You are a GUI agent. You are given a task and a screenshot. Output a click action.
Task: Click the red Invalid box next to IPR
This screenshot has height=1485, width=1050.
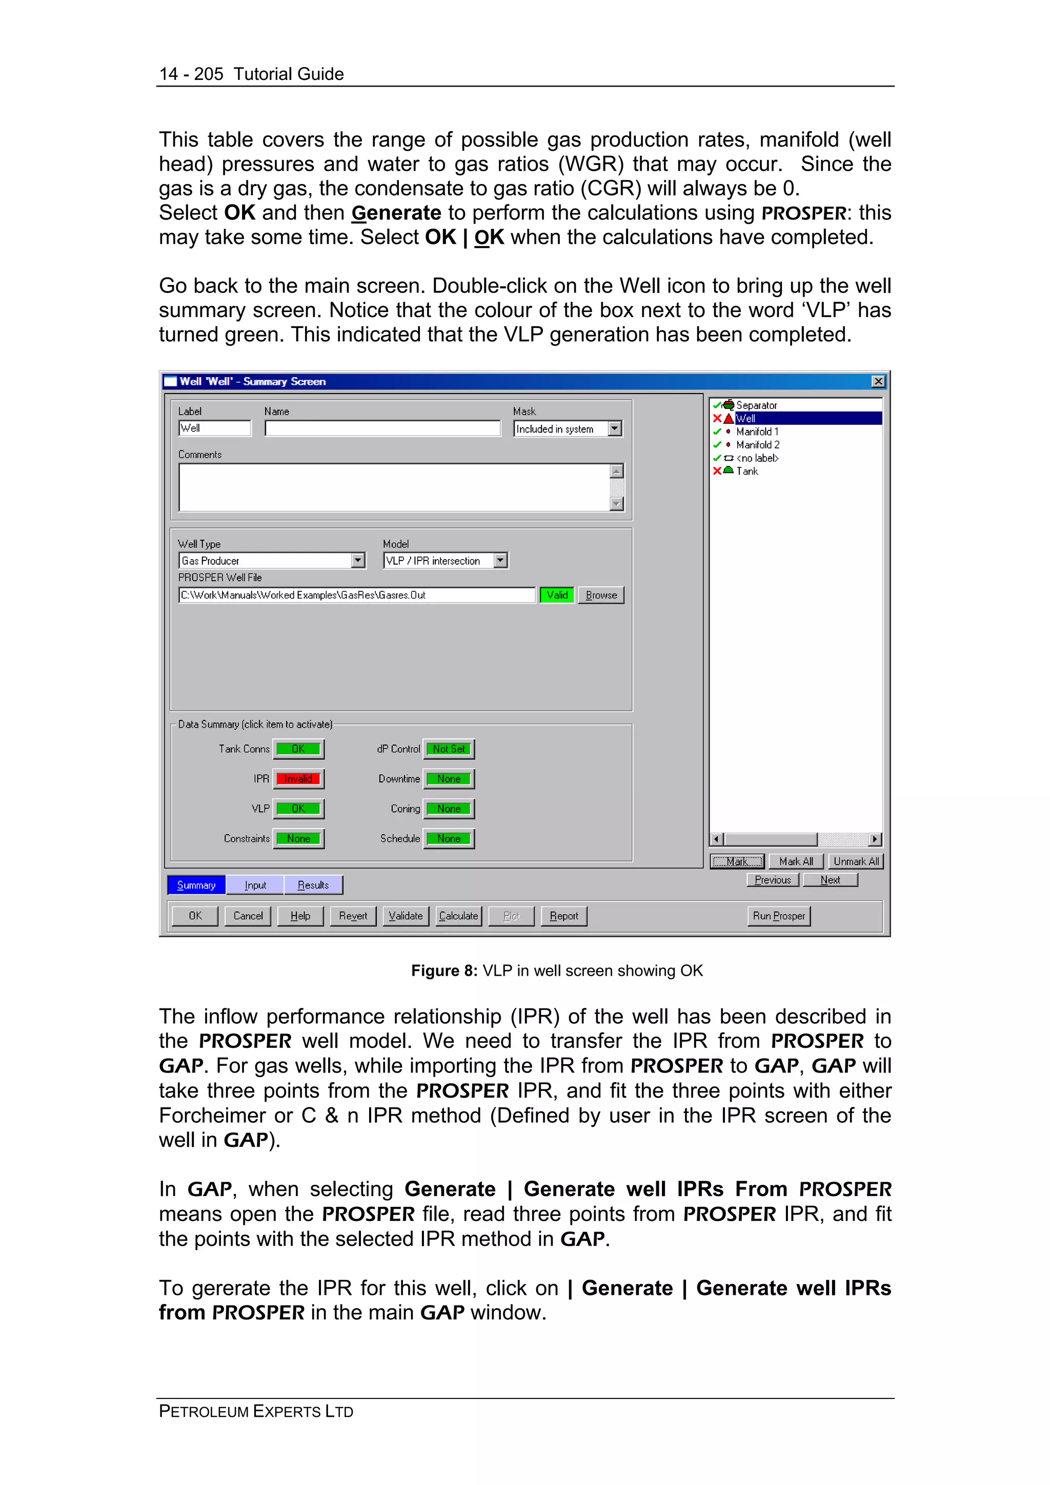[298, 779]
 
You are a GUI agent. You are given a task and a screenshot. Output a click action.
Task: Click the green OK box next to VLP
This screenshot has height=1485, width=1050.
[298, 809]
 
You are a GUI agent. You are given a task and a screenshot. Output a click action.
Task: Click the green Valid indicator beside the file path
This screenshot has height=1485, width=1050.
[557, 595]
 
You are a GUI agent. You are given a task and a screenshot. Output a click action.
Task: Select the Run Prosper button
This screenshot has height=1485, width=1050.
[778, 916]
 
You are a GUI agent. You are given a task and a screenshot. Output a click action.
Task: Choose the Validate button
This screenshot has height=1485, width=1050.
[406, 916]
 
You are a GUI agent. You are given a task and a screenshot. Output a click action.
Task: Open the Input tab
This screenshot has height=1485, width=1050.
[255, 885]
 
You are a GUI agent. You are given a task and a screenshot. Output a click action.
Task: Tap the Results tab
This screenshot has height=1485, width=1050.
[313, 885]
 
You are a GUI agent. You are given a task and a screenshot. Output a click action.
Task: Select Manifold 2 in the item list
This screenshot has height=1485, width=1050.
[758, 445]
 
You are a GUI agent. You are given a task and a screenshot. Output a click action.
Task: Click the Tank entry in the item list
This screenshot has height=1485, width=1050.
[747, 471]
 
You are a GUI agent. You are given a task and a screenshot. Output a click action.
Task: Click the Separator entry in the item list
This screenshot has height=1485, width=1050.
[756, 405]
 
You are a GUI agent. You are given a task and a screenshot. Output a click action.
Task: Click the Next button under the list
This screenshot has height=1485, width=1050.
[830, 880]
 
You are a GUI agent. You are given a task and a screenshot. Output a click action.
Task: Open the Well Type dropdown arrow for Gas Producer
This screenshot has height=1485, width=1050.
[358, 560]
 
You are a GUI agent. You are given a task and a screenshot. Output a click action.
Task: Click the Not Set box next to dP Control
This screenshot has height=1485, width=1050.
[449, 749]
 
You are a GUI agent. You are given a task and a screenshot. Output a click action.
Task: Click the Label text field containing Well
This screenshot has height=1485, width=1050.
[214, 428]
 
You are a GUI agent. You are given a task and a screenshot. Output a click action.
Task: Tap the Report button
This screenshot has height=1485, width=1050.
[563, 916]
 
